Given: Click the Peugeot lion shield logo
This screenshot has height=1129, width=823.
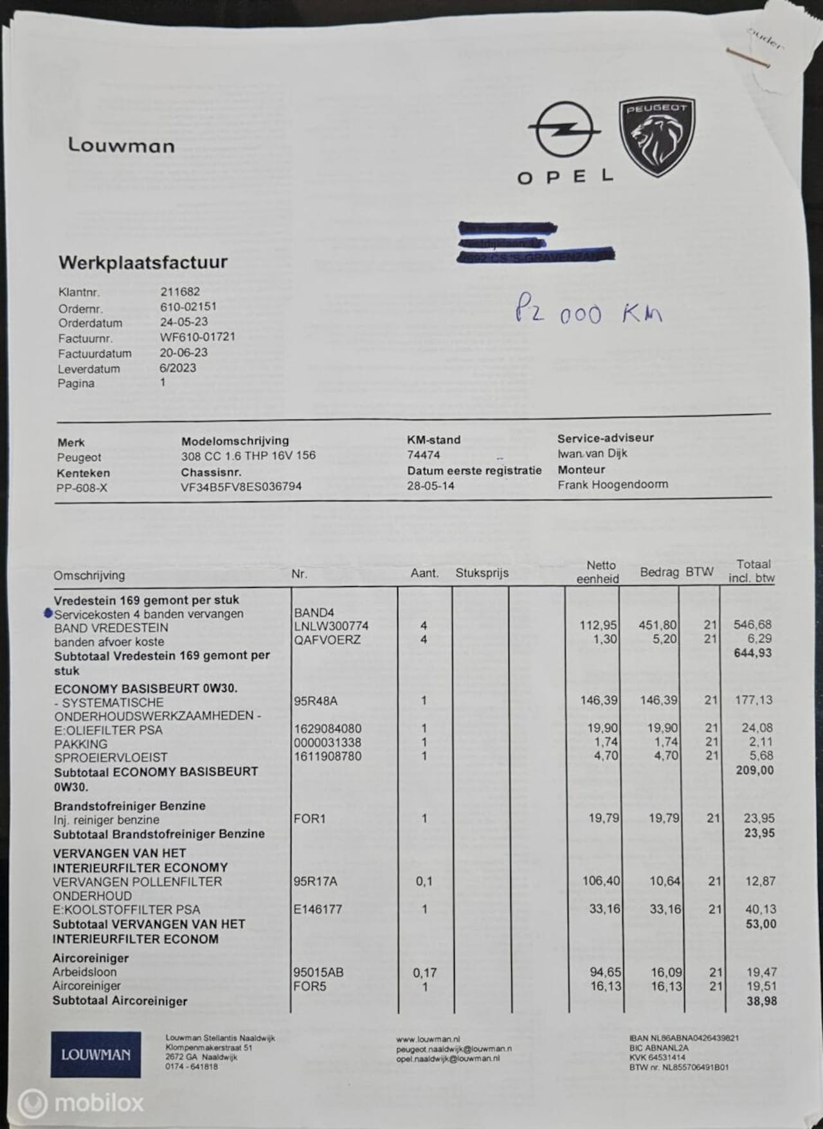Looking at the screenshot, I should point(657,137).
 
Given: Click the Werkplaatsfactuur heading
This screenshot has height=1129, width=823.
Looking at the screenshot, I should point(143,262).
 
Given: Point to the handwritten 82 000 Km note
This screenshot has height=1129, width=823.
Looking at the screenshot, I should point(588,313).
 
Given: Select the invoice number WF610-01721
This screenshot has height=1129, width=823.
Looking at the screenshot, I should point(197,337).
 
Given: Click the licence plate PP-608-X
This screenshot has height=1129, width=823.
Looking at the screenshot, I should point(82,488).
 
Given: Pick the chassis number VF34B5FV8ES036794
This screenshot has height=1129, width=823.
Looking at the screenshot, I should point(241,487).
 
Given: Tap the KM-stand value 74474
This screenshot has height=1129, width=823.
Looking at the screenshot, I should point(424,455).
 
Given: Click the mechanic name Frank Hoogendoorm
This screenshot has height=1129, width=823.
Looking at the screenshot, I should point(612,484).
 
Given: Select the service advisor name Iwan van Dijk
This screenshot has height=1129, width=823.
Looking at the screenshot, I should point(592,453).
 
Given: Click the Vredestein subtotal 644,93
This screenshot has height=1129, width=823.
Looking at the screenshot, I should point(753,653).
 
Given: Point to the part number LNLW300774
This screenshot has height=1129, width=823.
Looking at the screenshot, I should point(331,626).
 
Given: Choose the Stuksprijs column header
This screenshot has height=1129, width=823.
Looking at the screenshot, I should point(482,573).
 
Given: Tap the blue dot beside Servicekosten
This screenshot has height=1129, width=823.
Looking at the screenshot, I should point(48,613).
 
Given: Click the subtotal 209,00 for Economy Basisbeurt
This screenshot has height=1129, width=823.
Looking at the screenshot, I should point(754,770).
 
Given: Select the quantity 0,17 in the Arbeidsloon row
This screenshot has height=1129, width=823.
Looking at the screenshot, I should point(424,972).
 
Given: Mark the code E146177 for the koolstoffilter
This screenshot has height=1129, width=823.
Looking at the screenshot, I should point(318,909).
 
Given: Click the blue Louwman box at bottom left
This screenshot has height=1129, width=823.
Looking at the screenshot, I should point(96,1054).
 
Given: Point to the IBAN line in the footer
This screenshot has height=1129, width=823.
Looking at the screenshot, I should point(683,1038).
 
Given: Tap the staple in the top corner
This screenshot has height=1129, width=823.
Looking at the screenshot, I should point(748,58).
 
